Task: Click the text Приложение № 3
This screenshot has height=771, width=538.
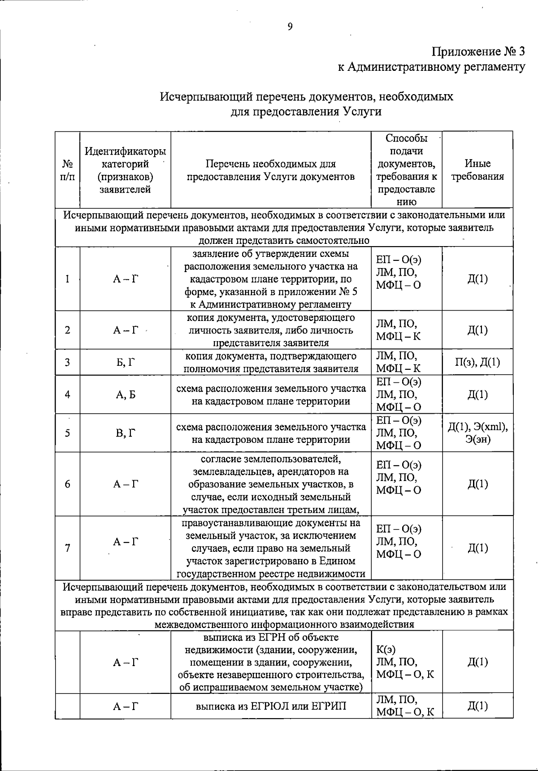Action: [x=478, y=52]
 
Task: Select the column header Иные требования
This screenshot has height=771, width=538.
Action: [x=477, y=170]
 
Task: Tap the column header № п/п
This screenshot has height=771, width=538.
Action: [x=67, y=170]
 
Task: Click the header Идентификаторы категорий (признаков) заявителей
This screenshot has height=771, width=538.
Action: [x=125, y=170]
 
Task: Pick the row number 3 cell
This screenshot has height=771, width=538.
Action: [x=67, y=362]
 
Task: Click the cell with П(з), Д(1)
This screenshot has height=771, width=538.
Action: [x=477, y=362]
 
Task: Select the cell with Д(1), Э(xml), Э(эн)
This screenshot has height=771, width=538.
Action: [x=477, y=433]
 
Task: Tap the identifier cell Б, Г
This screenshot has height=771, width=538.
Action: [x=125, y=362]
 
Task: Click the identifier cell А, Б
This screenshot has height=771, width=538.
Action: [x=125, y=394]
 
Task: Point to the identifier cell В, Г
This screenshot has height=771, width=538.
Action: [x=125, y=433]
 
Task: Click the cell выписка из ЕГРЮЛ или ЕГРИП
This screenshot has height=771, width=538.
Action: [x=271, y=706]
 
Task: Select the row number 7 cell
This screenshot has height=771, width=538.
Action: [x=67, y=548]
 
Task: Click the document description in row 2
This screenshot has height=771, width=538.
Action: [x=271, y=330]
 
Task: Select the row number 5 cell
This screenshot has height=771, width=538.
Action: [x=67, y=433]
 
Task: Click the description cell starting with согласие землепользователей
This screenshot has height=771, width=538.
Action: [x=271, y=484]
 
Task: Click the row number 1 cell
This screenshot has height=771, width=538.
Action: [x=67, y=279]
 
